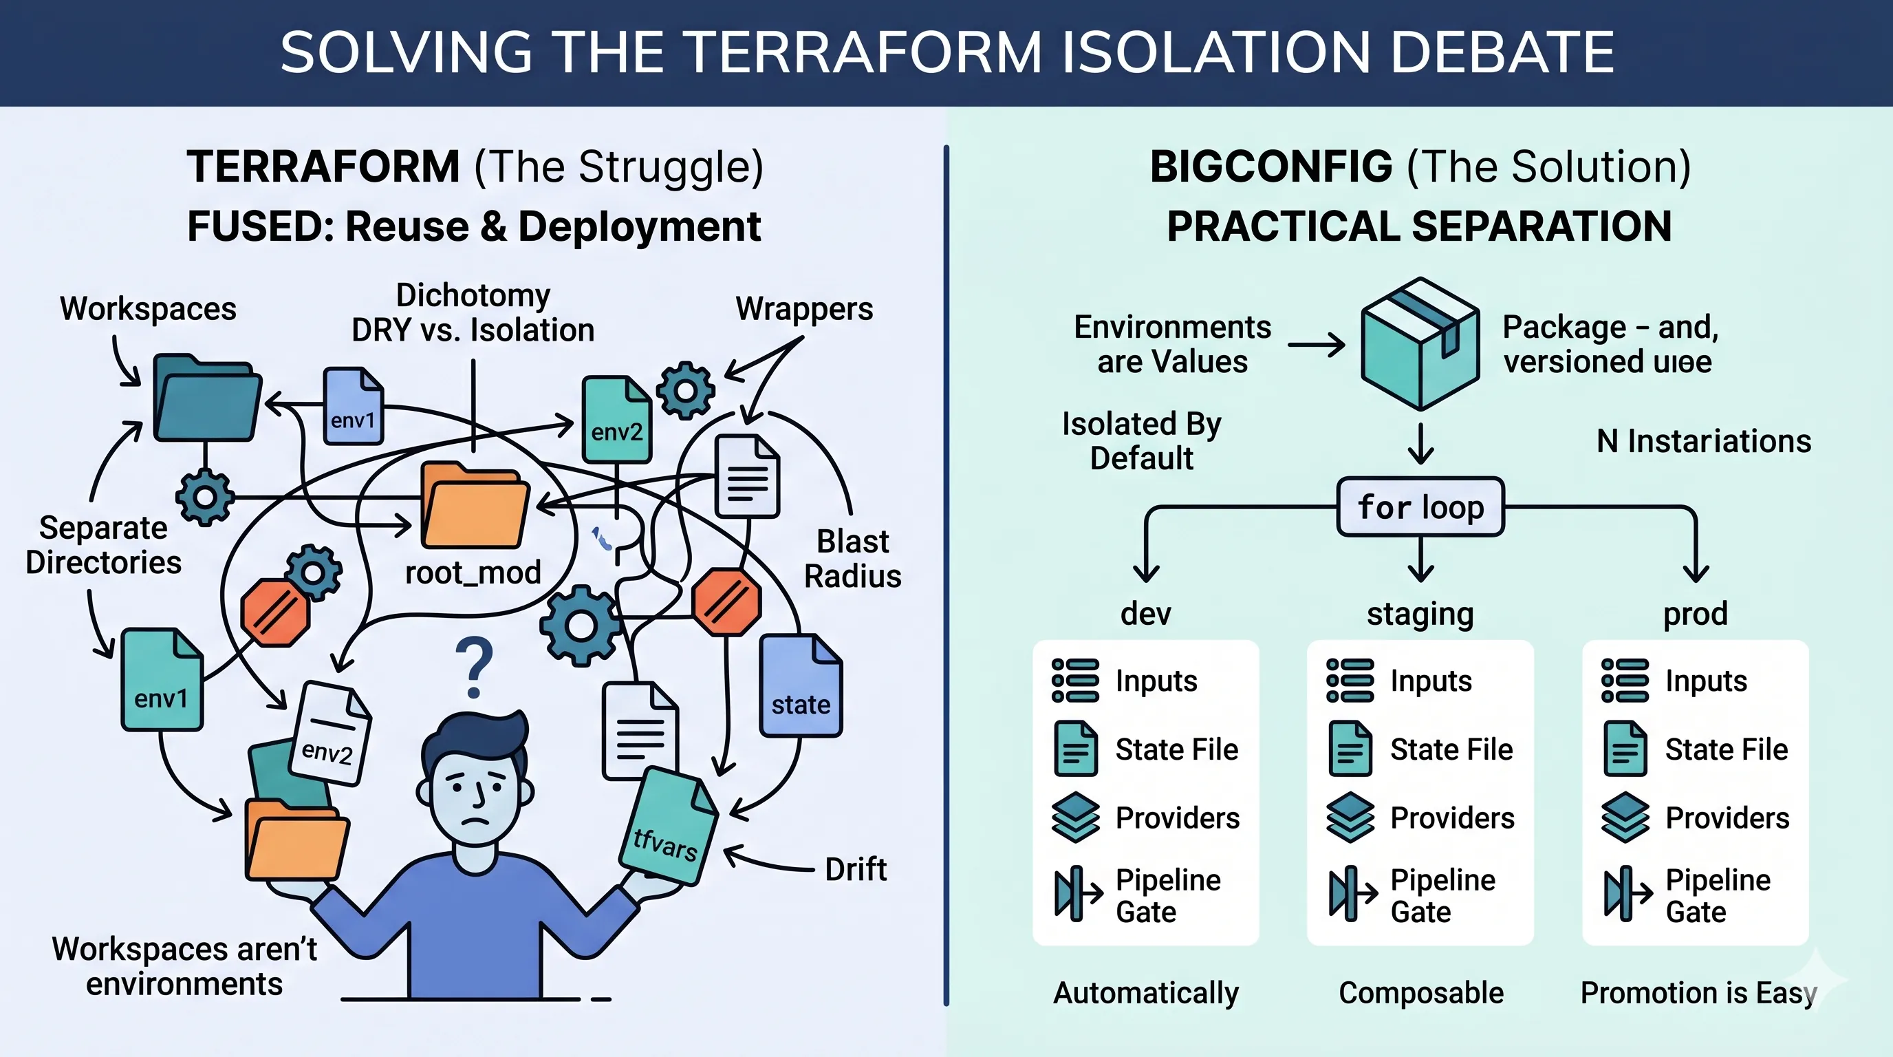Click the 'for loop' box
pyautogui.click(x=1420, y=507)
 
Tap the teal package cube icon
pyautogui.click(x=1420, y=343)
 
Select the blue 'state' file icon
pyautogui.click(x=800, y=687)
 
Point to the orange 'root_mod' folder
pyautogui.click(x=475, y=506)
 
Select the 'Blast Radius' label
pyautogui.click(x=852, y=559)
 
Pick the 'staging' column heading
pyautogui.click(x=1420, y=614)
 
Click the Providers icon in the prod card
pyautogui.click(x=1625, y=818)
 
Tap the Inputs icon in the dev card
pyautogui.click(x=1075, y=681)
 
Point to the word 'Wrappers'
pyautogui.click(x=804, y=309)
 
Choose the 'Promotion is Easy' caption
pyautogui.click(x=1698, y=993)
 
